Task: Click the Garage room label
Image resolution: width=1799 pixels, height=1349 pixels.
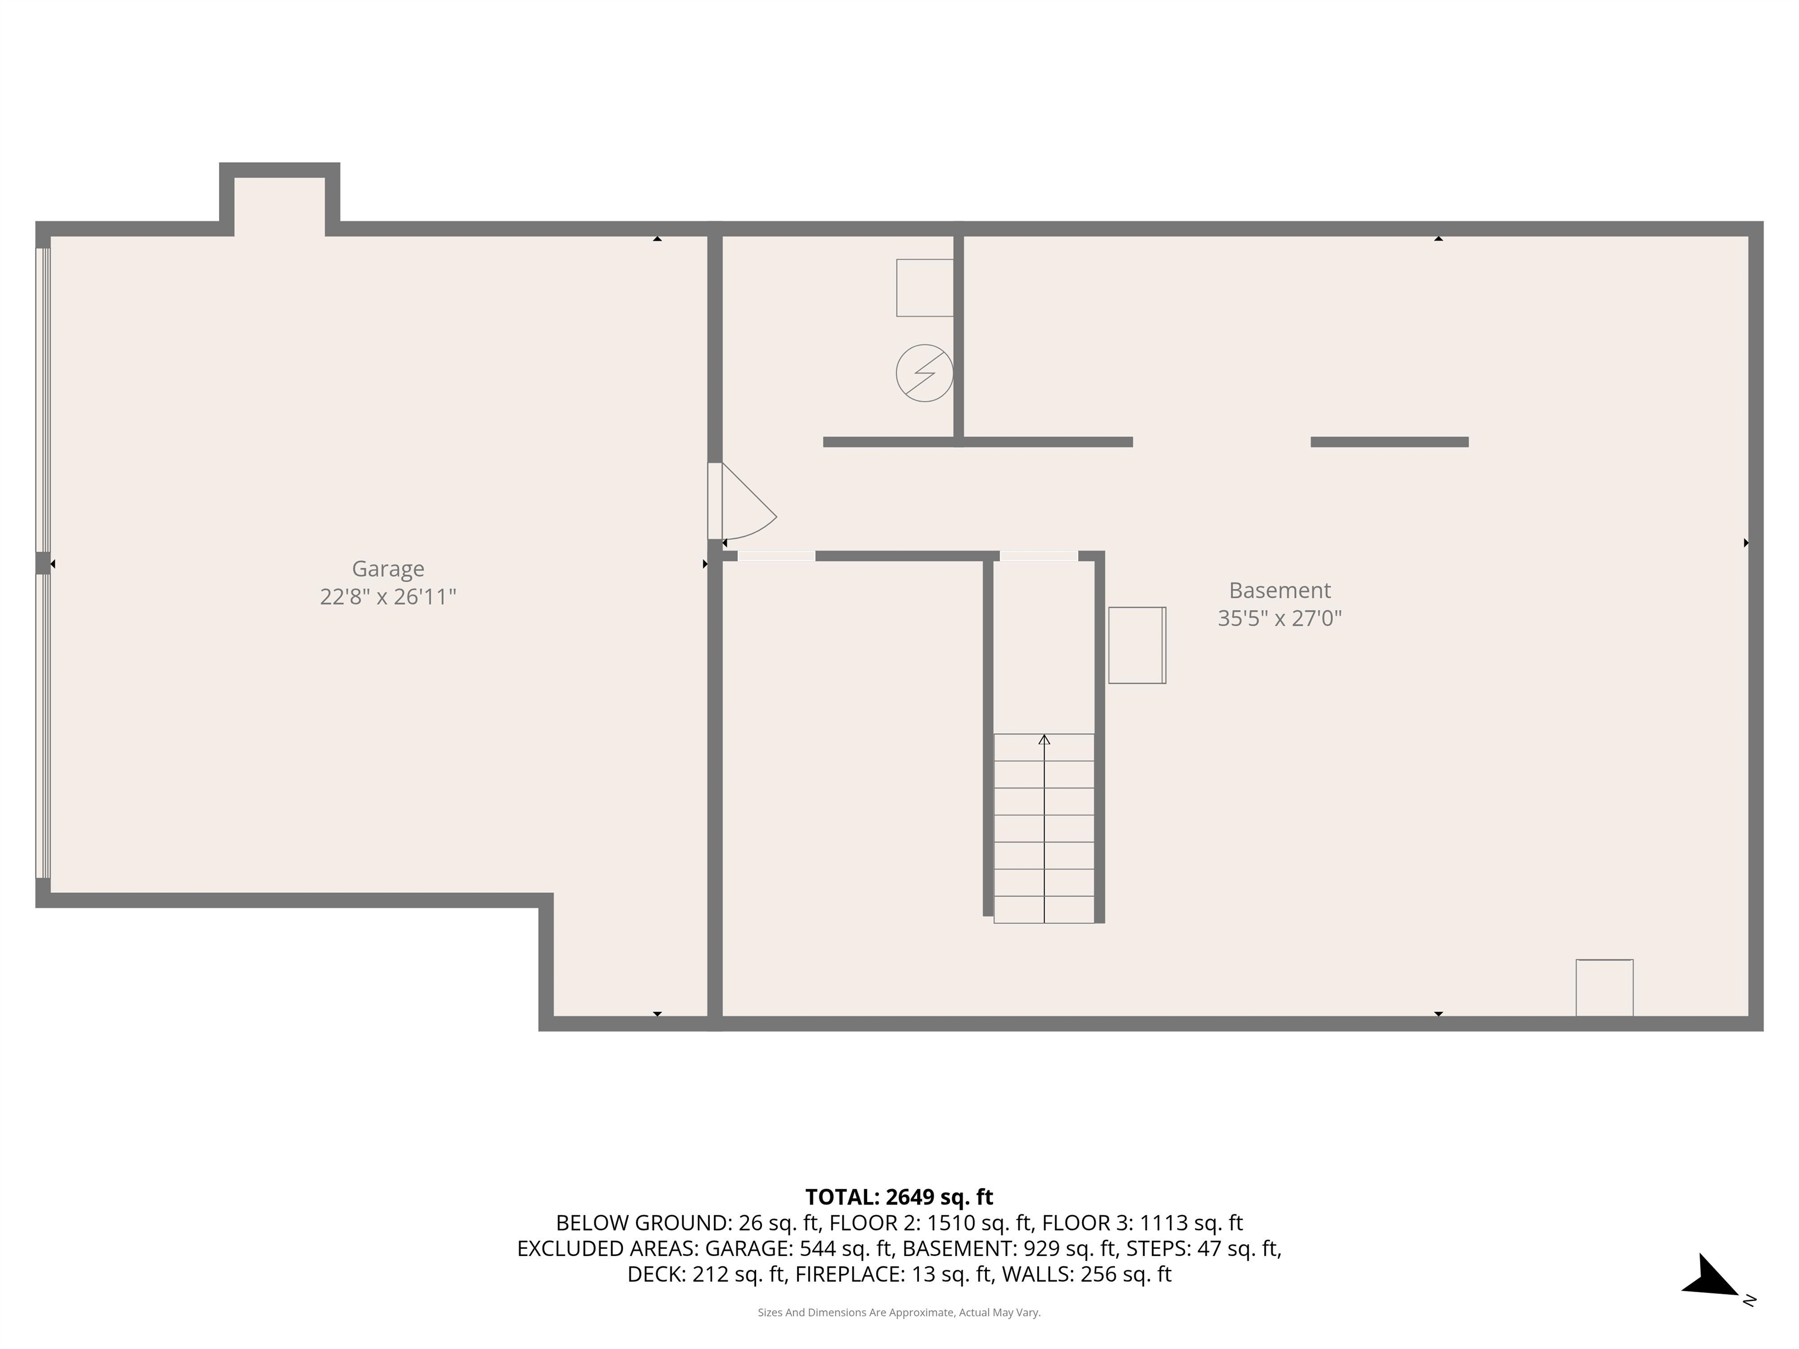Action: [388, 569]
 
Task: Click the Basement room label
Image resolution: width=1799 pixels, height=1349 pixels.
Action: [1280, 590]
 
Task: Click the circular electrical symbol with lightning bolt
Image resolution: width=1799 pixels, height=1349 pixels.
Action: [925, 373]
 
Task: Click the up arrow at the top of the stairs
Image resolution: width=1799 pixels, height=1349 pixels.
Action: [1044, 739]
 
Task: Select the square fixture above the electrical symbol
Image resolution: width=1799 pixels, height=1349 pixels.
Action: [925, 288]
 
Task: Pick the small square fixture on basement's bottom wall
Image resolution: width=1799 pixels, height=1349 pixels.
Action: [1605, 988]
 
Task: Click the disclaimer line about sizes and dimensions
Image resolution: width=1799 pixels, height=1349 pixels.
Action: [899, 1313]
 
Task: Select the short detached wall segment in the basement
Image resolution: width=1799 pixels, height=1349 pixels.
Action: [1389, 443]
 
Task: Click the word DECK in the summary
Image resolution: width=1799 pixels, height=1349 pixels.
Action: [655, 1274]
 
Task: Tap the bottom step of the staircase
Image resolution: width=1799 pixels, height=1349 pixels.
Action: [1044, 910]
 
